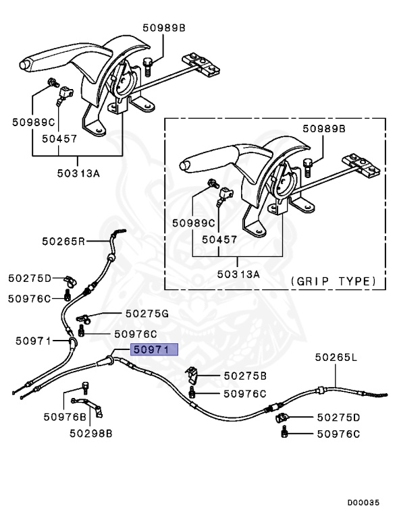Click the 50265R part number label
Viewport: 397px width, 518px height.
63,241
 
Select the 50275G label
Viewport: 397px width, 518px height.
146,314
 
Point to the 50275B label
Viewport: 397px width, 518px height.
245,375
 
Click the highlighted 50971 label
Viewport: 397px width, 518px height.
154,349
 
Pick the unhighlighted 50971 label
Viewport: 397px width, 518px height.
34,341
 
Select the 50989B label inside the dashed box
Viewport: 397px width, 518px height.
323,128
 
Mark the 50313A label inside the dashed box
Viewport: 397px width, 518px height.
238,274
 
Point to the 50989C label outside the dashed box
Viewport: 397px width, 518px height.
34,122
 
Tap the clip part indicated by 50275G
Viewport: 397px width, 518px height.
84,316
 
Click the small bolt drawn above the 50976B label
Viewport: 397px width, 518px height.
86,386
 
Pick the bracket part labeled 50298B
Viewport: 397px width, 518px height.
98,409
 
